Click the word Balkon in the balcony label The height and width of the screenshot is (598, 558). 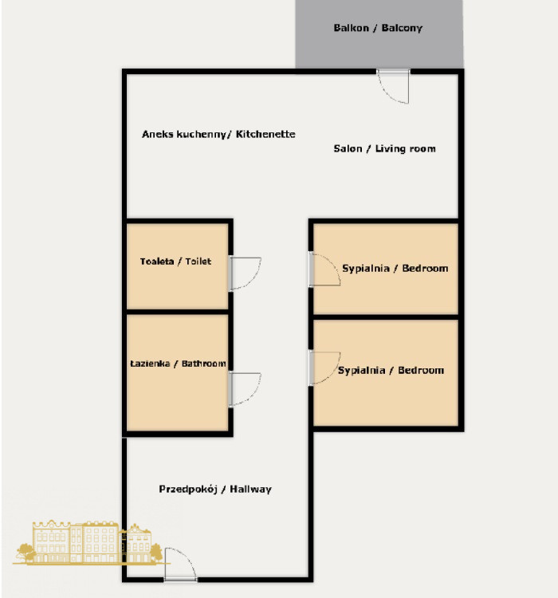click(x=351, y=28)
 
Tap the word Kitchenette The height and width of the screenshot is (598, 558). click(x=265, y=134)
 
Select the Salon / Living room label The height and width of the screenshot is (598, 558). click(x=384, y=149)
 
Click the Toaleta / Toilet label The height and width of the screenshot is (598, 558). click(x=175, y=262)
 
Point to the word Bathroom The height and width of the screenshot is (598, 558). click(x=204, y=364)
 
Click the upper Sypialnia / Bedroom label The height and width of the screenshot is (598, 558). click(x=395, y=269)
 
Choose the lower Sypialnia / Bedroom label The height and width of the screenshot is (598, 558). click(x=391, y=370)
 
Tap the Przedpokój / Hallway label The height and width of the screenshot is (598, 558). click(x=215, y=490)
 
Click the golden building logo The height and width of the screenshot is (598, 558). click(x=88, y=542)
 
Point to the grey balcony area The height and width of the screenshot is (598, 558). click(x=379, y=34)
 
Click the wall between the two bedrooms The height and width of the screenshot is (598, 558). click(x=386, y=317)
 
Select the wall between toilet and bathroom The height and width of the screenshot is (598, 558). click(x=177, y=312)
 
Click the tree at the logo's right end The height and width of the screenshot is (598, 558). click(x=156, y=553)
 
